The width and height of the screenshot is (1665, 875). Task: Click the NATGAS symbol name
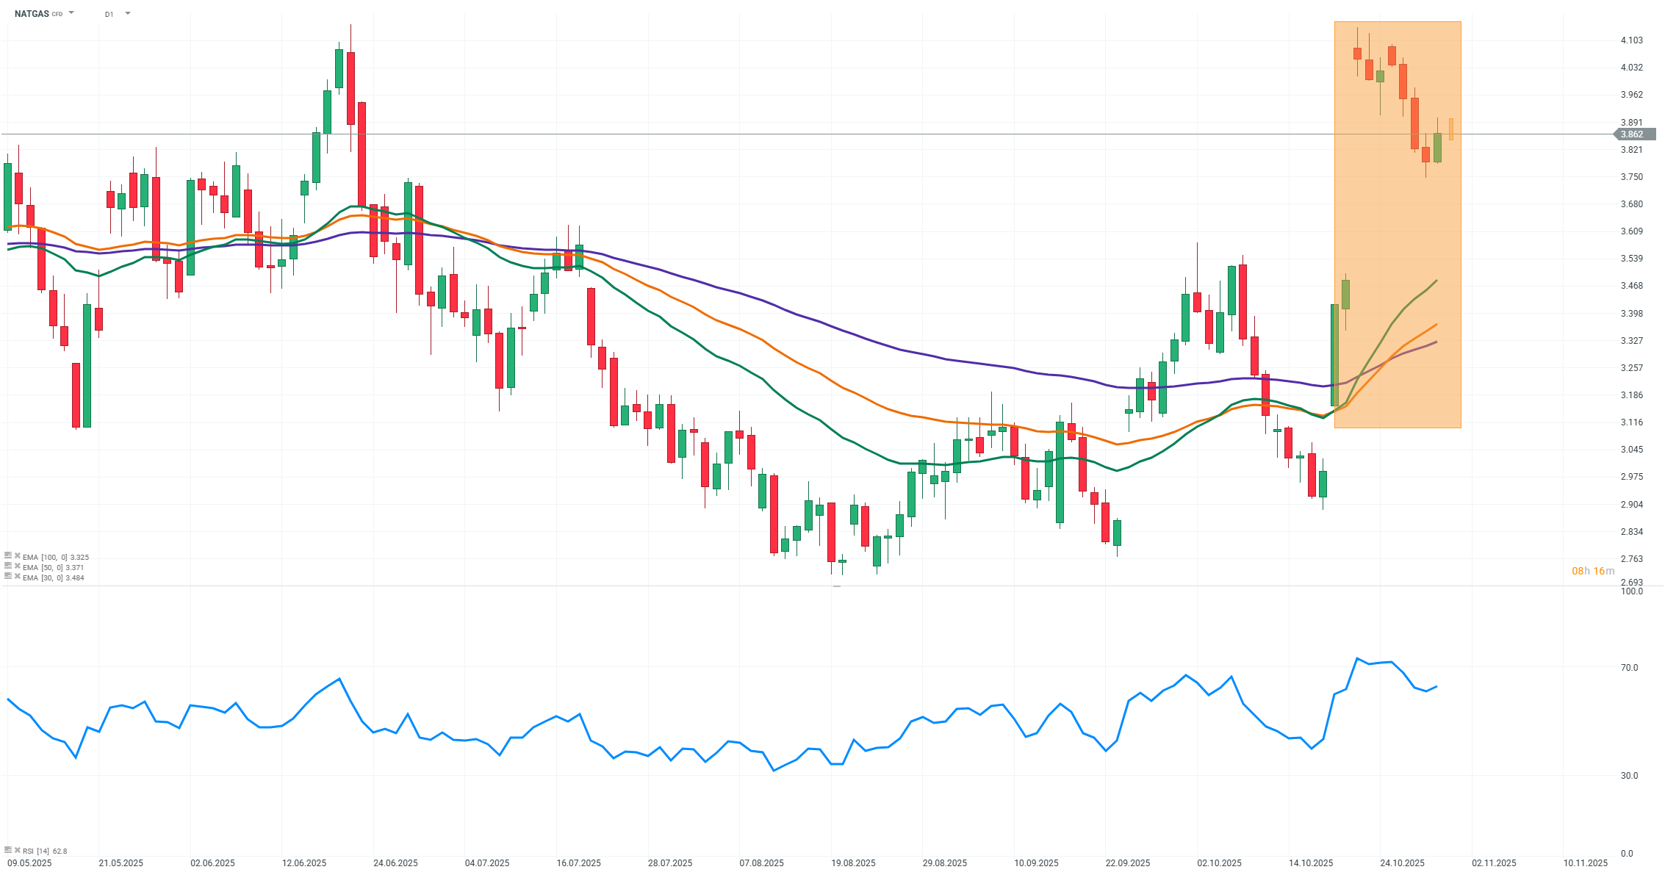[32, 14]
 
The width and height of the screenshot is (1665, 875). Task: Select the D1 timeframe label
[109, 14]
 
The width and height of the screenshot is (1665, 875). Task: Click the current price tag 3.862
[1631, 134]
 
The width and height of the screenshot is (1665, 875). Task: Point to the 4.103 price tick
[1631, 40]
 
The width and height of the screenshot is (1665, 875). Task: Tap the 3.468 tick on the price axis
[1631, 287]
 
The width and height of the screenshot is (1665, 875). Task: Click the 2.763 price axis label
[1631, 559]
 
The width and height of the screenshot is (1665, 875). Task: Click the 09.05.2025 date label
[29, 863]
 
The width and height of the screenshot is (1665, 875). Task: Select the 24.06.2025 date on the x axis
[395, 863]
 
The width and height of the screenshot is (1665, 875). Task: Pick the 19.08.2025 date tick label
[853, 863]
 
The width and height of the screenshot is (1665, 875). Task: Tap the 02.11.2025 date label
[1494, 863]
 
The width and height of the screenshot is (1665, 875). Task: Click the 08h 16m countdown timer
[1593, 571]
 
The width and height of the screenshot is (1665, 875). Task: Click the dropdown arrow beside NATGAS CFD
[71, 13]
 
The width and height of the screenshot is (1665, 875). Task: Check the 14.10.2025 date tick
[1311, 863]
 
